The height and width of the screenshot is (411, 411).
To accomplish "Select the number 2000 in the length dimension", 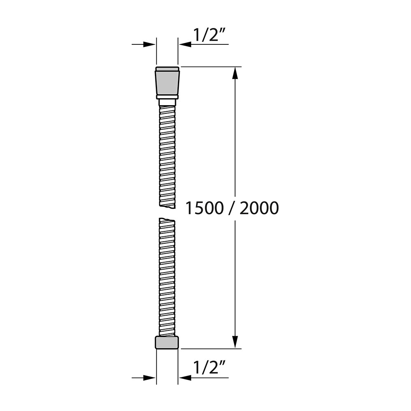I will pyautogui.click(x=259, y=208).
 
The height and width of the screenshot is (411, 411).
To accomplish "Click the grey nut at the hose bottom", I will pyautogui.click(x=167, y=342).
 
